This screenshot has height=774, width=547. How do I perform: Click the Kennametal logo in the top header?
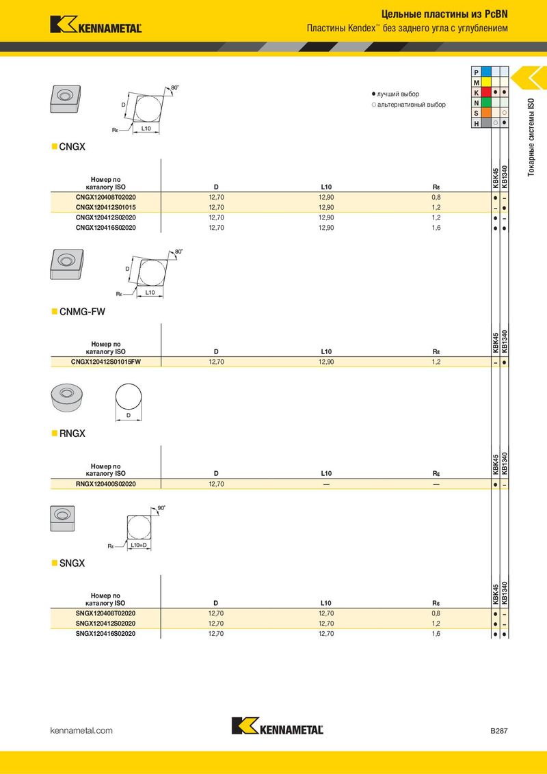96,25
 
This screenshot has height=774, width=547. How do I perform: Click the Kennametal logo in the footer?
277,728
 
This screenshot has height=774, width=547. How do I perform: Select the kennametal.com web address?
81,731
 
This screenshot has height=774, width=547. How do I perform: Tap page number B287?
498,731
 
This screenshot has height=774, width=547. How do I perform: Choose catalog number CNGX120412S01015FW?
106,362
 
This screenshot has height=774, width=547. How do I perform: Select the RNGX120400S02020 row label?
106,484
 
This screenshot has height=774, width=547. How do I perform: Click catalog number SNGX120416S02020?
106,634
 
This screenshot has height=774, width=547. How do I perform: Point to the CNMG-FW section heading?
82,312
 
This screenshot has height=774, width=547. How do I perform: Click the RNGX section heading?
72,433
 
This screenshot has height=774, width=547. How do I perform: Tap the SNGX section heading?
72,563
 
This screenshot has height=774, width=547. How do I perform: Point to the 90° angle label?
161,509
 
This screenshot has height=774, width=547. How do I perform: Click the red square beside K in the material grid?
486,92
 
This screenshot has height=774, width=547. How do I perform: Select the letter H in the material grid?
476,123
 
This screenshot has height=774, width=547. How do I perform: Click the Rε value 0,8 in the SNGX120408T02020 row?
436,613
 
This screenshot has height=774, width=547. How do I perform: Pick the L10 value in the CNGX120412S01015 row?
326,207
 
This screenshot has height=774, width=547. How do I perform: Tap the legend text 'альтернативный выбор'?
411,105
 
